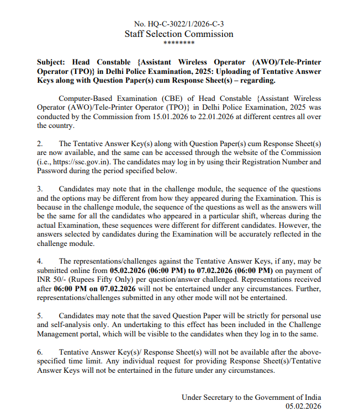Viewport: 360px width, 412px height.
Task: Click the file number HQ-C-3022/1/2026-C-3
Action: coord(186,24)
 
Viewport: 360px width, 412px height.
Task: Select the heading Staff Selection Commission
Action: coord(179,34)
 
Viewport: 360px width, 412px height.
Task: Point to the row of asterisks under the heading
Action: coord(179,44)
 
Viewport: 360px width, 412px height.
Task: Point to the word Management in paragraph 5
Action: coord(62,334)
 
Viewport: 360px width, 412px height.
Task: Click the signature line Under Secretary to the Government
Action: coord(251,397)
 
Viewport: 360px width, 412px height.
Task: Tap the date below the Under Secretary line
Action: coord(303,406)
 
